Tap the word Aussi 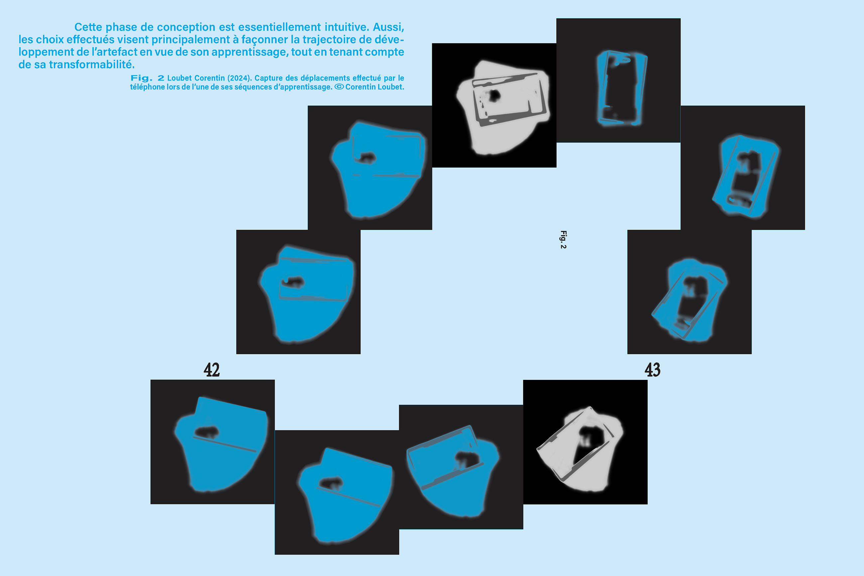pyautogui.click(x=389, y=27)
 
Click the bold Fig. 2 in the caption pyautogui.click(x=147, y=78)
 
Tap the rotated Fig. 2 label pyautogui.click(x=563, y=240)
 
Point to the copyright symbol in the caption pyautogui.click(x=339, y=87)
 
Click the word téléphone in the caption pyautogui.click(x=147, y=87)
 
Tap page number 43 pyautogui.click(x=653, y=370)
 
